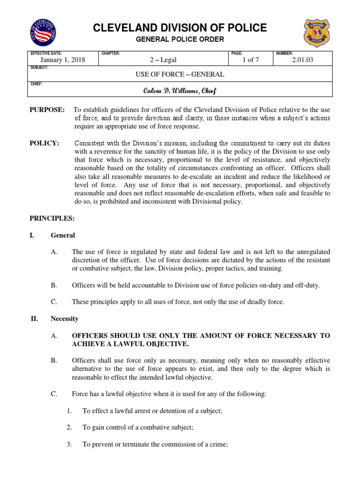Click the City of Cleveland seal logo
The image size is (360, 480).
point(43,32)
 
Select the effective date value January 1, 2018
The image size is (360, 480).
point(62,60)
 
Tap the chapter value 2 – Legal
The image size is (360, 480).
point(163,60)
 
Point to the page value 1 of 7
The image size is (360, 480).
point(251,60)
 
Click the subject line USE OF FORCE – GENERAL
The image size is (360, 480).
point(180,74)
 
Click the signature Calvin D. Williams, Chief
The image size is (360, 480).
point(180,90)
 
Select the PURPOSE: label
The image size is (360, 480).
point(47,110)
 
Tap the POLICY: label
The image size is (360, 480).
point(45,143)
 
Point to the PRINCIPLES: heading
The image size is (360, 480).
point(52,218)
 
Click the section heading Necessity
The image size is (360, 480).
point(64,319)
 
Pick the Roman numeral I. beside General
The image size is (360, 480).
point(32,235)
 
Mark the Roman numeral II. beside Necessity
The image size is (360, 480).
point(33,319)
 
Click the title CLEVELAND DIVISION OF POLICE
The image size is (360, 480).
point(180,28)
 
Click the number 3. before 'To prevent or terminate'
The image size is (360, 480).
point(69,444)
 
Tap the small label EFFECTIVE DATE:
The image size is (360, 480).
point(46,53)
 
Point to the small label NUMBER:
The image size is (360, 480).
point(284,53)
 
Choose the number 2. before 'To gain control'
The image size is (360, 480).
point(69,427)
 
